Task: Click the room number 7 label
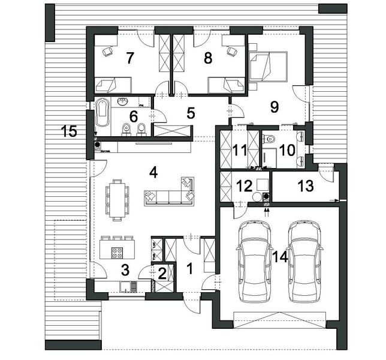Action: (129, 58)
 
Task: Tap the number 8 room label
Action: (208, 58)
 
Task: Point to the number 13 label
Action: (305, 186)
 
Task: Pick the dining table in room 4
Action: (117, 198)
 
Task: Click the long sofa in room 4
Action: (168, 196)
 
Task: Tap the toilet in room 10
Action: (269, 140)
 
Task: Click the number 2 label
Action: (162, 274)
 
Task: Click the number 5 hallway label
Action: (191, 112)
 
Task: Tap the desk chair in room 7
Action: (108, 52)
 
